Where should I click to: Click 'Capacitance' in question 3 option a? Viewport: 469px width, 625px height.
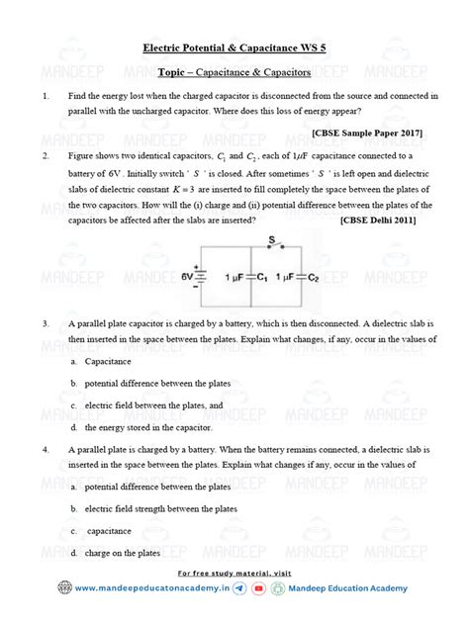(x=109, y=362)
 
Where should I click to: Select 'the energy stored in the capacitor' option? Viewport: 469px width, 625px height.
(x=148, y=427)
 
